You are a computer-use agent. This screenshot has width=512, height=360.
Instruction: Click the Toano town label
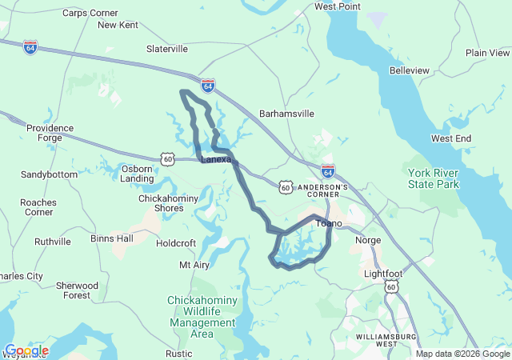(329, 223)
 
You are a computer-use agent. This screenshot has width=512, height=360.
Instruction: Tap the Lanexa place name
(215, 159)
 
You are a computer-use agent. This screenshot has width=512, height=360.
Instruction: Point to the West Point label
(336, 6)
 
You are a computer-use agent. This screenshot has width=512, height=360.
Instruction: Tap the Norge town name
(368, 240)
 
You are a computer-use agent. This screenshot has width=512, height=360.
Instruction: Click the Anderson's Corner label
(323, 191)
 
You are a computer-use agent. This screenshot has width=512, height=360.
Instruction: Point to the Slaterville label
(167, 49)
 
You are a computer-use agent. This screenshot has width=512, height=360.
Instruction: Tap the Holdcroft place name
(176, 242)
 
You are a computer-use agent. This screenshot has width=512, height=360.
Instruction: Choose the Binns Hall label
(112, 238)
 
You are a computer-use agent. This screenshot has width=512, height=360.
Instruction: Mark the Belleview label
(409, 70)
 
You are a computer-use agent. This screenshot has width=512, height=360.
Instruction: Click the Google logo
(26, 350)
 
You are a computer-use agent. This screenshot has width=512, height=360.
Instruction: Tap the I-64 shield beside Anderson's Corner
(328, 170)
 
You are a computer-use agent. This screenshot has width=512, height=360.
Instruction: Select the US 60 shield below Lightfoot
(390, 286)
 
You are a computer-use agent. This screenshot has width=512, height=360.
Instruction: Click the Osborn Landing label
(138, 174)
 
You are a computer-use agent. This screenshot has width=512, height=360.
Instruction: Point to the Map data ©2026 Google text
(462, 354)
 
